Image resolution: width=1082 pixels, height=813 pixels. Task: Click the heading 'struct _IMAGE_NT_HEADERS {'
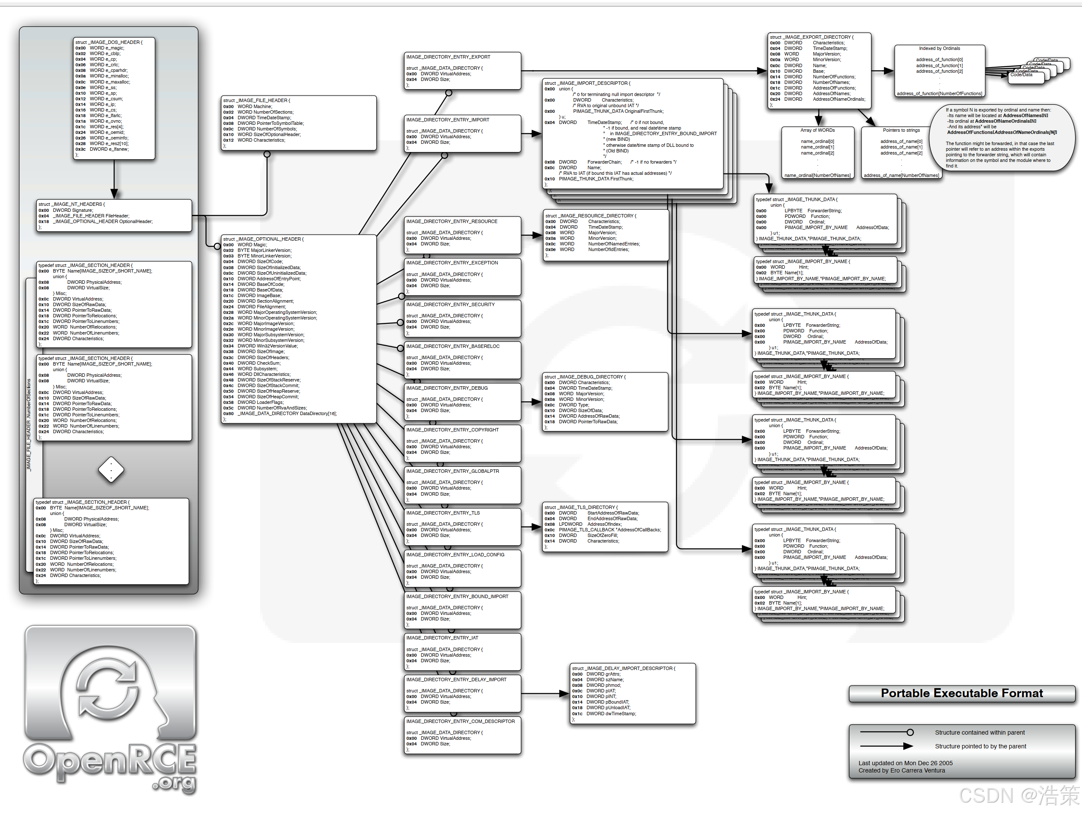[x=71, y=205]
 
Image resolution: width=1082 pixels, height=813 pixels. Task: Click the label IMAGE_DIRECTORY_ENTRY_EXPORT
[x=448, y=57]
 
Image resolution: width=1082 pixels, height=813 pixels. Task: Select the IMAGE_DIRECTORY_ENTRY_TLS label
[x=443, y=513]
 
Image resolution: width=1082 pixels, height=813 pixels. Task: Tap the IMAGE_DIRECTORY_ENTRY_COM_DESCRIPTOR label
[x=460, y=722]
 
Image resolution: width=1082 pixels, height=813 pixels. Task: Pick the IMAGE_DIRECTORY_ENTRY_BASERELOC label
[x=453, y=346]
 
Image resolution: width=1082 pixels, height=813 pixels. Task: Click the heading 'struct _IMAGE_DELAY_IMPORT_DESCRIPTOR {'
[x=623, y=669]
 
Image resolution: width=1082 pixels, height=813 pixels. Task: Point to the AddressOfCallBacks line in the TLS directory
[x=610, y=530]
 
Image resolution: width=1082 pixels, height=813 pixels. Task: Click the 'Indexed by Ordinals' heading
[x=939, y=48]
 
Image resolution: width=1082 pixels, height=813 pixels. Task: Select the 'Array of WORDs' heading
[x=817, y=130]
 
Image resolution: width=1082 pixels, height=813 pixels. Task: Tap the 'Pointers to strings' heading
[x=901, y=130]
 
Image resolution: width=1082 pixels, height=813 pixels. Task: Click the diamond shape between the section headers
[x=111, y=470]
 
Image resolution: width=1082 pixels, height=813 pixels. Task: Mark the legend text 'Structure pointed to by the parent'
[x=980, y=747]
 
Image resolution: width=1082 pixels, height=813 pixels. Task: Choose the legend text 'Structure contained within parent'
[x=979, y=733]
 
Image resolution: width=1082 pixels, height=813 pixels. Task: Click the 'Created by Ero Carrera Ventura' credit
[x=902, y=771]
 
